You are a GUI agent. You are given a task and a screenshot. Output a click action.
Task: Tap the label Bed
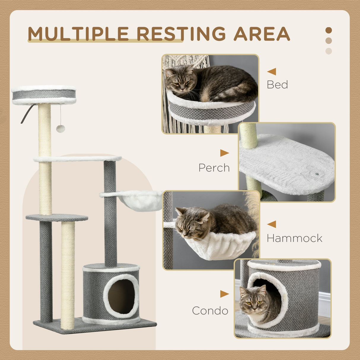(277, 85)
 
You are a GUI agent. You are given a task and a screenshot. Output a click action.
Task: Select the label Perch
(214, 168)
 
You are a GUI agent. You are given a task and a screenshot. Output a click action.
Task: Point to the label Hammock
(294, 238)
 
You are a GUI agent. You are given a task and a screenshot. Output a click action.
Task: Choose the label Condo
(210, 311)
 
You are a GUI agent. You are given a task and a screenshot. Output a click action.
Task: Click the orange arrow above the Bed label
(272, 71)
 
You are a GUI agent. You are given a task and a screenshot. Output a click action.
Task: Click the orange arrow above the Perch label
(224, 153)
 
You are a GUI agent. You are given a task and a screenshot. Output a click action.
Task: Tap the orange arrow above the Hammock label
(272, 224)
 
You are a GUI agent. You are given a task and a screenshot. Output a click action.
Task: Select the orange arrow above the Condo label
(224, 294)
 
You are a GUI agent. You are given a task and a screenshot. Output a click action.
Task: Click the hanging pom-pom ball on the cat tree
(60, 129)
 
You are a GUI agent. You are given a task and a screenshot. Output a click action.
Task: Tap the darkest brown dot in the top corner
(329, 30)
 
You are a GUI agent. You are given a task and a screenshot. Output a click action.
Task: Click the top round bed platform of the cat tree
(44, 95)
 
